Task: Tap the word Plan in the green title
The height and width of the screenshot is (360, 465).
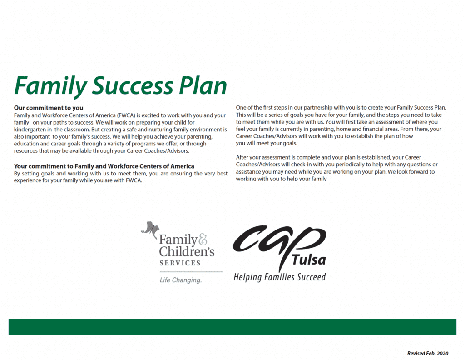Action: (x=203, y=85)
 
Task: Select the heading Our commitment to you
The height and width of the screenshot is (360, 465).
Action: (x=49, y=108)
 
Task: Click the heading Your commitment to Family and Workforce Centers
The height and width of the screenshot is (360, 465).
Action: (x=104, y=166)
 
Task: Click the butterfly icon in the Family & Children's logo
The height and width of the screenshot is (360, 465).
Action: (x=150, y=230)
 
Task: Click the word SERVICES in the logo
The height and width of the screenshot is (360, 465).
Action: (x=180, y=263)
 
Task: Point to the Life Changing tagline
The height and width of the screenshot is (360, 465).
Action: (x=181, y=280)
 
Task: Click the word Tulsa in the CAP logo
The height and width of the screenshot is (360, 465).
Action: (x=309, y=260)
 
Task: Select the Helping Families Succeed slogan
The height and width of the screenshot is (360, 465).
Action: (x=280, y=277)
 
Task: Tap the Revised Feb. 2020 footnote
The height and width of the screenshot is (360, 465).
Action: (x=428, y=353)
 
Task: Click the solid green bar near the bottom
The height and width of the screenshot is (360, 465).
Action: (x=232, y=327)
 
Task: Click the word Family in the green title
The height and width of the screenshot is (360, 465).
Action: (x=50, y=86)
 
